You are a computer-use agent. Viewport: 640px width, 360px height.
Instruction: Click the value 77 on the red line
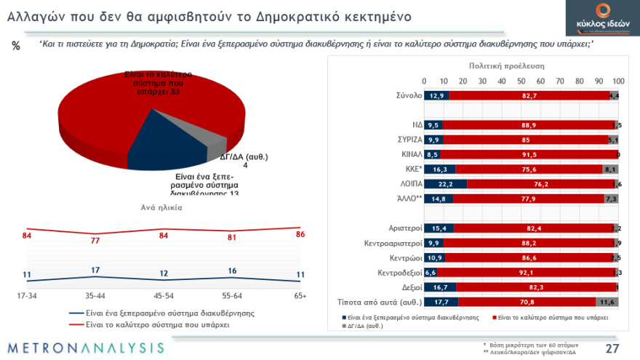[95, 241]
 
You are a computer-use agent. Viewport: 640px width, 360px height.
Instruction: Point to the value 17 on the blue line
[95, 271]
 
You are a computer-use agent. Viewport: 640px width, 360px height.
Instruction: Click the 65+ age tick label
[300, 296]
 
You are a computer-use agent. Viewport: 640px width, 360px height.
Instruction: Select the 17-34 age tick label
[27, 296]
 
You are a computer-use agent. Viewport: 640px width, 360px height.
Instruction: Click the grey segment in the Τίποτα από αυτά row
[607, 301]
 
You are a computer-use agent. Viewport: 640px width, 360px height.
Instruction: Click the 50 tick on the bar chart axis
[521, 81]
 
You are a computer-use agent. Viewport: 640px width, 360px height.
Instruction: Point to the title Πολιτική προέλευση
[506, 65]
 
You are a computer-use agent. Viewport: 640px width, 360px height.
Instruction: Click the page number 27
[612, 348]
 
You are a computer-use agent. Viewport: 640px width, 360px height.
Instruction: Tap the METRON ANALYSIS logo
[86, 348]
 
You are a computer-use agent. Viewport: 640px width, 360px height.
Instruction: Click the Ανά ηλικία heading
[161, 207]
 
